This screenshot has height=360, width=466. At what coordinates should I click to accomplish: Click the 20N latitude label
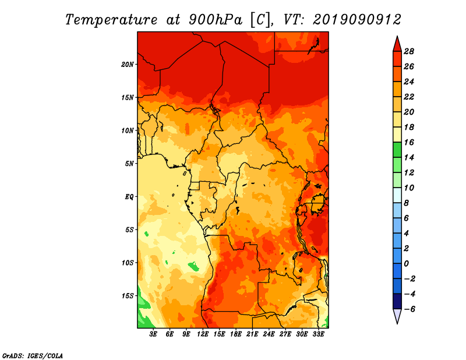(128, 65)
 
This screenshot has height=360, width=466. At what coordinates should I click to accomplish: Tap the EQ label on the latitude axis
(129, 197)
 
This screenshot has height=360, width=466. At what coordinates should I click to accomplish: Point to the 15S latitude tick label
(128, 296)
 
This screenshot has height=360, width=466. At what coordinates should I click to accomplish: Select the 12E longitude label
(203, 334)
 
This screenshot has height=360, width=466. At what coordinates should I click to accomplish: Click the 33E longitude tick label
(319, 334)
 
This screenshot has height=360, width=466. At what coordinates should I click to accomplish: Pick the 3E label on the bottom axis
(153, 334)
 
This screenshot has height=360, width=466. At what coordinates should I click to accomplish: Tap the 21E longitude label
(252, 334)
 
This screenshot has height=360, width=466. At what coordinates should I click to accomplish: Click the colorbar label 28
(409, 51)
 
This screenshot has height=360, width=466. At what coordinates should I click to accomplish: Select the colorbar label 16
(409, 142)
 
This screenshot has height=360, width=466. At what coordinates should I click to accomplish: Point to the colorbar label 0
(406, 264)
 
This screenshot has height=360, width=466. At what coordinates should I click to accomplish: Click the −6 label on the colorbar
(409, 309)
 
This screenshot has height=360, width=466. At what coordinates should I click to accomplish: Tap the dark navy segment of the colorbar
(397, 301)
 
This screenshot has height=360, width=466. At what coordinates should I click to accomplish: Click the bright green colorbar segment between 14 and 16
(397, 150)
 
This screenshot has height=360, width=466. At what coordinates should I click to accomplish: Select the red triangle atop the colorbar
(397, 45)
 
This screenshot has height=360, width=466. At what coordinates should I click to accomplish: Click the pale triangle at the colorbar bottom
(397, 316)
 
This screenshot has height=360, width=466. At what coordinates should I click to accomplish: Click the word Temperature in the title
(111, 20)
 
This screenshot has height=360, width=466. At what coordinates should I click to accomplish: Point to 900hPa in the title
(215, 20)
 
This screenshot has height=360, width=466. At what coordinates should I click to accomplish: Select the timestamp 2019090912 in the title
(356, 20)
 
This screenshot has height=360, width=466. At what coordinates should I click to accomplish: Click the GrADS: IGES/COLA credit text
(33, 356)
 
